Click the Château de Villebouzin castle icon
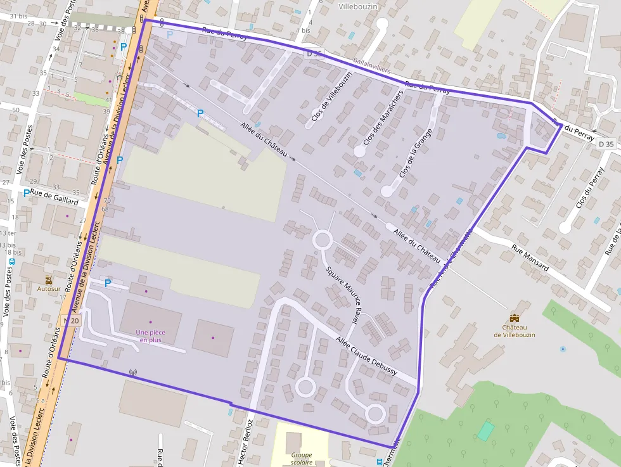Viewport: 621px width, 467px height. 514,317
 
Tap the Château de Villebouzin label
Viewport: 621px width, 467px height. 515,330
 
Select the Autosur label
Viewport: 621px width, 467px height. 49,288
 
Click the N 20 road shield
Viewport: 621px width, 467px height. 72,321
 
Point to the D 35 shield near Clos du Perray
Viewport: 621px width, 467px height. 606,144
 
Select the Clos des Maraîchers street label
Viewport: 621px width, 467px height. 383,117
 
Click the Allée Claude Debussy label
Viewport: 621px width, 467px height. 367,356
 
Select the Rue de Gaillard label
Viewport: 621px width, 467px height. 54,198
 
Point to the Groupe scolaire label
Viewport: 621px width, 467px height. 302,459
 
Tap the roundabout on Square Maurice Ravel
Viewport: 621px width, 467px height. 323,241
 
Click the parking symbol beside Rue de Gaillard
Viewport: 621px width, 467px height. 26,193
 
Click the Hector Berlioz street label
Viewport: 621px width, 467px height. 246,442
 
